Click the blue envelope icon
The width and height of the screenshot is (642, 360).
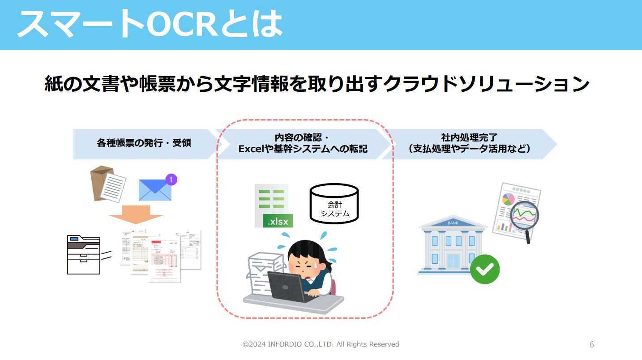click(155, 190)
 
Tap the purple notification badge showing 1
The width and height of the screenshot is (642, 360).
click(171, 180)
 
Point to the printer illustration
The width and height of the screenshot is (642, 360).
click(84, 254)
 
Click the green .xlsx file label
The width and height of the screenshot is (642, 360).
click(278, 221)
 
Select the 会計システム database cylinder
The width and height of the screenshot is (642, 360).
click(334, 203)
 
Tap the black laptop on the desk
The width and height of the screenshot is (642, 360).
click(287, 286)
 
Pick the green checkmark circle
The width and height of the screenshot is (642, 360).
click(485, 269)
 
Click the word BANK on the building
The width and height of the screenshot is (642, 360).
click(453, 223)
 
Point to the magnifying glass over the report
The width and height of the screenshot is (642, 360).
click(524, 217)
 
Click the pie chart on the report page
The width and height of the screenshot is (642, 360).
click(507, 199)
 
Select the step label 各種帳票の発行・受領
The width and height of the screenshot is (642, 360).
click(144, 143)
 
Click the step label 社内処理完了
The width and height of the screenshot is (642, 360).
click(469, 138)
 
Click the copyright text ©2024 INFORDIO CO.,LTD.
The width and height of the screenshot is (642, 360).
click(321, 344)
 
